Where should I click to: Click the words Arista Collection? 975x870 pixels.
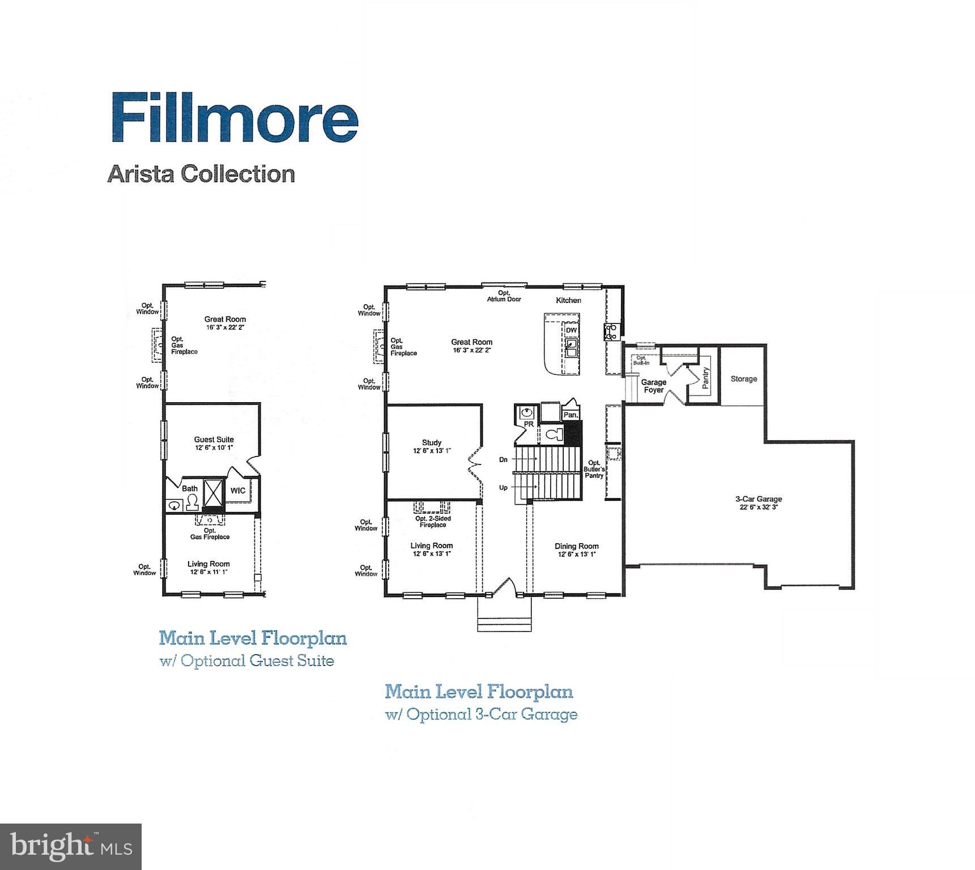point(201,173)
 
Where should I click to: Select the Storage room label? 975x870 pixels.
point(743,379)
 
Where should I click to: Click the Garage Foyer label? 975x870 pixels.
point(653,386)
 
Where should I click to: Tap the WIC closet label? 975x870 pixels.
point(238,491)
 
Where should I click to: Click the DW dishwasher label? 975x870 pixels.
point(571,330)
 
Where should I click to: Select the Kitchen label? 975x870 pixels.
point(568,300)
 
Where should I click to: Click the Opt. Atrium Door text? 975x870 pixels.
point(504,296)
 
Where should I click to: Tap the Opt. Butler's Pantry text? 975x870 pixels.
point(594,469)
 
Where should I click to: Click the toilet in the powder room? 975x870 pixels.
point(554,434)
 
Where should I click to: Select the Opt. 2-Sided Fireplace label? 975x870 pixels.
point(433,521)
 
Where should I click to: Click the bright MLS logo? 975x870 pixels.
point(71,846)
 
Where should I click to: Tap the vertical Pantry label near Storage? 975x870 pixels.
point(705,378)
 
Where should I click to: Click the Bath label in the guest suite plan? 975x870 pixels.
point(190,488)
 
